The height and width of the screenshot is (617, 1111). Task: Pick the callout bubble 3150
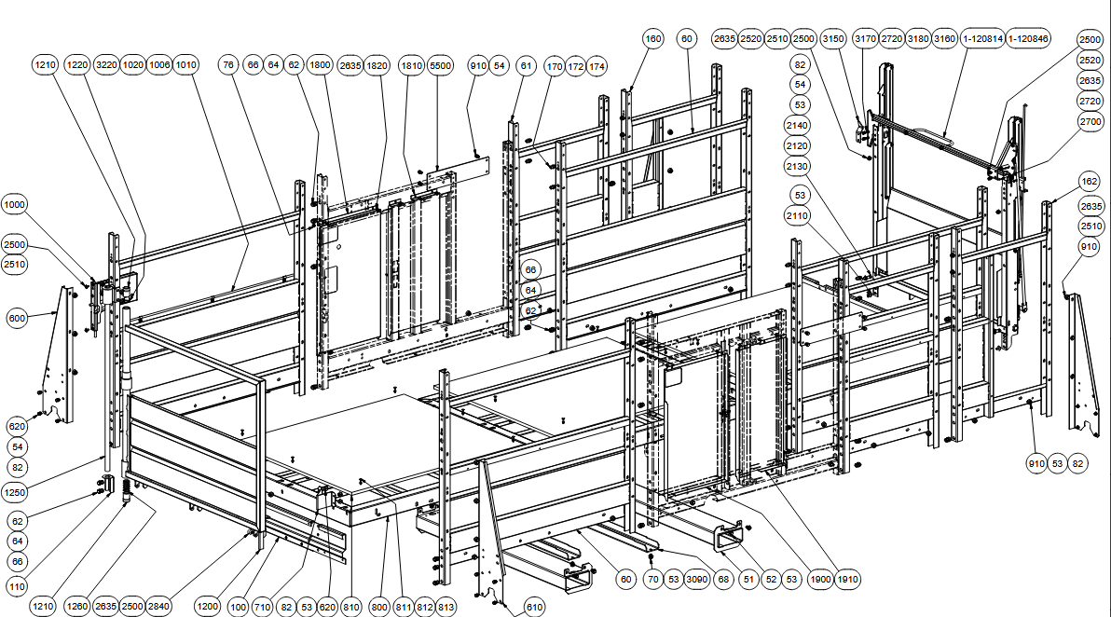tap(833, 39)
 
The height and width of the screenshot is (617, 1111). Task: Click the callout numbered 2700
tap(1090, 121)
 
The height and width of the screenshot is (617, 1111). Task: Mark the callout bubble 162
tap(1090, 182)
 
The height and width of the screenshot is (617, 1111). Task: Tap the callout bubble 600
tap(17, 317)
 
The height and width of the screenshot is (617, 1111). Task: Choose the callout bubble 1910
tap(847, 577)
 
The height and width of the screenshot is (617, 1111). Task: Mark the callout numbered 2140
tap(799, 125)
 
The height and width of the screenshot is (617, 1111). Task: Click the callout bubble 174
tap(597, 67)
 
